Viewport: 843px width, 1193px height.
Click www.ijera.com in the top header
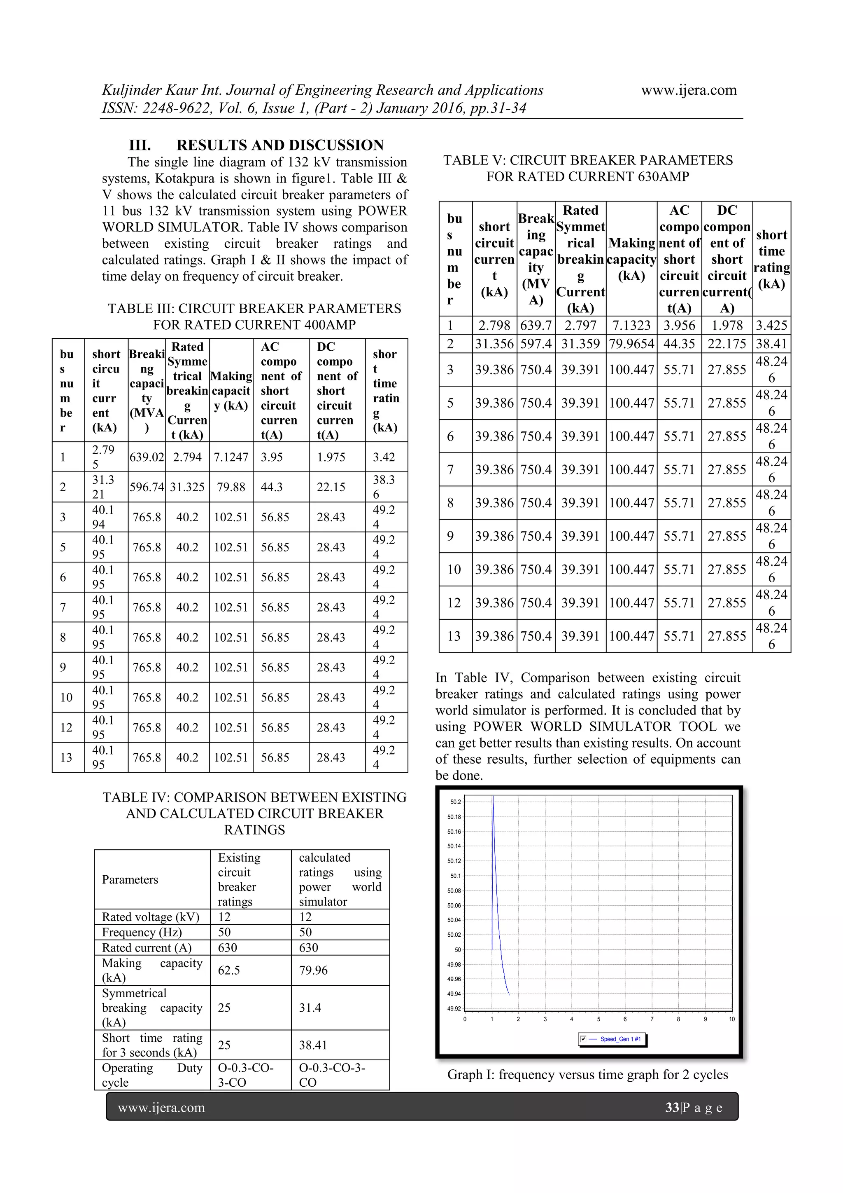688,90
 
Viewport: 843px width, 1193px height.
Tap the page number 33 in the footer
672,1107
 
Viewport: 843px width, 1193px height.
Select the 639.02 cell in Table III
147,457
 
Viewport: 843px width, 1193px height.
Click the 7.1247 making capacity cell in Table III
231,457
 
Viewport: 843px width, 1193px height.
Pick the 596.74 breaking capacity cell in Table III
147,487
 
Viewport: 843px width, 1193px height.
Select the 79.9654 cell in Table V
631,343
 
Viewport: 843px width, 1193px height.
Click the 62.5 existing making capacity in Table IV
229,970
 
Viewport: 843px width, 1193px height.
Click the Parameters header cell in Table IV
130,880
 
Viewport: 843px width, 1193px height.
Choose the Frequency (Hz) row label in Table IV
142,932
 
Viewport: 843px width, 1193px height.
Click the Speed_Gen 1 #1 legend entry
620,1039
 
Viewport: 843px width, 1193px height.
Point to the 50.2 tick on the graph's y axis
455,802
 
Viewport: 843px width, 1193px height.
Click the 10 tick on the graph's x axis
731,1019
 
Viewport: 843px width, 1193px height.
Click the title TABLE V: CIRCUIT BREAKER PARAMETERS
588,161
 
